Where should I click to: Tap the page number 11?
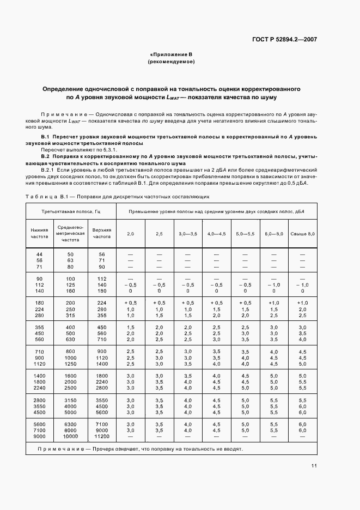click(x=315, y=465)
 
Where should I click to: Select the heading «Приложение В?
click(x=171, y=54)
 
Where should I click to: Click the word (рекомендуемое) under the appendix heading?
click(x=171, y=62)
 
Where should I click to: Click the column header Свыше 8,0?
click(x=302, y=233)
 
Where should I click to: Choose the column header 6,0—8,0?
click(x=274, y=233)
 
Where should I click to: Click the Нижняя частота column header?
click(x=39, y=233)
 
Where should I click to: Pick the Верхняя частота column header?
click(x=101, y=233)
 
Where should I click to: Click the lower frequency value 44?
click(x=39, y=254)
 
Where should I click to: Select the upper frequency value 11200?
click(x=101, y=436)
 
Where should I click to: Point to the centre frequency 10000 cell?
click(x=70, y=436)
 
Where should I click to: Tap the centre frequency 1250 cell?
click(x=70, y=363)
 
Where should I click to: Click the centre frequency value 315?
click(x=70, y=315)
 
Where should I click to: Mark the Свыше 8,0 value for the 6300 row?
click(x=302, y=424)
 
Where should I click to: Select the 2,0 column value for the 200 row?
click(x=130, y=302)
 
